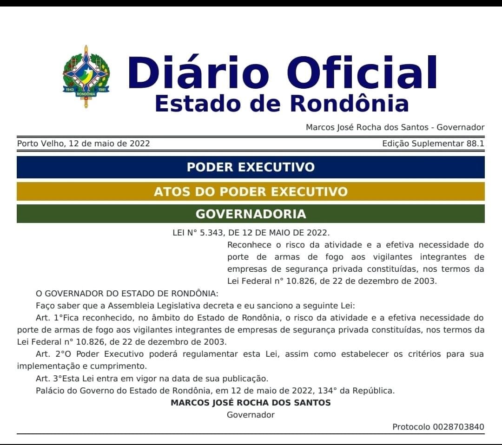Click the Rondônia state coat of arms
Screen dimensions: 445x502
(x=86, y=77)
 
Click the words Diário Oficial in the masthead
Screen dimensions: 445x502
(x=283, y=72)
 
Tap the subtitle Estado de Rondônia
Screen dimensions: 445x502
(x=281, y=103)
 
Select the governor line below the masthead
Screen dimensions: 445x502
(x=395, y=127)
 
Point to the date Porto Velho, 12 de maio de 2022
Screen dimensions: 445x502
(x=84, y=144)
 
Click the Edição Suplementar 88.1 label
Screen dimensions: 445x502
(x=433, y=144)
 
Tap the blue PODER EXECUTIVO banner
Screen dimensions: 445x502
(x=251, y=167)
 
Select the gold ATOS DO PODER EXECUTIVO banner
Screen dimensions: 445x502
(x=251, y=191)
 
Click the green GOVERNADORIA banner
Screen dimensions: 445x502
(x=251, y=214)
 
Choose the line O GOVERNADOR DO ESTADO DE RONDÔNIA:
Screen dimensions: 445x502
(x=127, y=294)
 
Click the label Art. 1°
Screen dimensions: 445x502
(x=49, y=318)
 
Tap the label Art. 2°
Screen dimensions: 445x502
(x=49, y=354)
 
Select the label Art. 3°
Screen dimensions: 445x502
(x=49, y=379)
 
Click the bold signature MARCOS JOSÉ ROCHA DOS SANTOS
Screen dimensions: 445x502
(x=251, y=403)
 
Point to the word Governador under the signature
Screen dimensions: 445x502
(x=251, y=415)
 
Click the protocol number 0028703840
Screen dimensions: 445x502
(x=458, y=427)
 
